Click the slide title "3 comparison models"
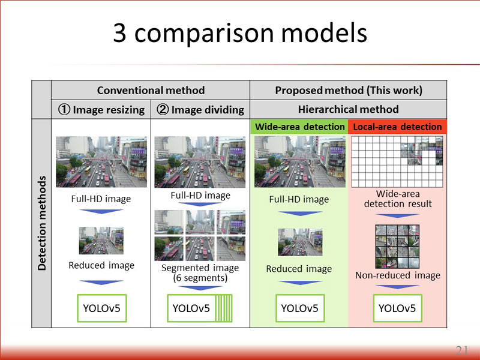point(240,33)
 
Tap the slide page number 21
point(461,350)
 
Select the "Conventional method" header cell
point(151,91)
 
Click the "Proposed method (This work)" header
point(349,91)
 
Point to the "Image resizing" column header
point(101,110)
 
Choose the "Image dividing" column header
point(200,110)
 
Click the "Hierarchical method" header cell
point(349,109)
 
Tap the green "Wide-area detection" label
point(299,127)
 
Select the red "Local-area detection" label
point(397,127)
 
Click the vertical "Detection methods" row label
point(41,223)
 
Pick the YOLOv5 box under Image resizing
point(102,308)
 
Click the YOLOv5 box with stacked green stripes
point(200,308)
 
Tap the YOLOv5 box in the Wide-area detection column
point(300,308)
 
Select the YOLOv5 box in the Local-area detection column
point(397,308)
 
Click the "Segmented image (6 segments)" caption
point(200,273)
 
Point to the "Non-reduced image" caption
point(398,275)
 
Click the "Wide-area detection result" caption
point(398,199)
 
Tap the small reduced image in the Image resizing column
point(101,241)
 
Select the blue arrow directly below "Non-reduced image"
point(397,287)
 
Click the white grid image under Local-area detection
point(397,161)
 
